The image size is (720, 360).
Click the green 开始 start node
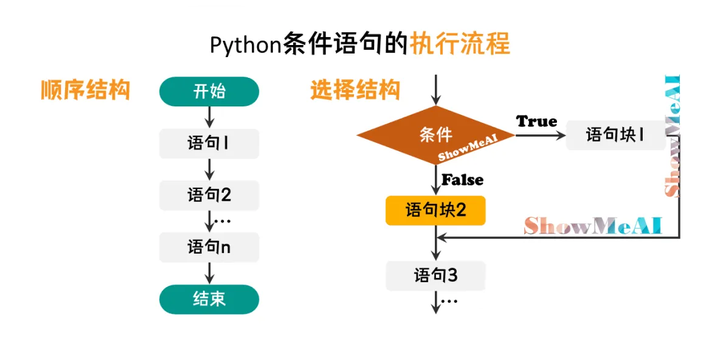click(x=209, y=92)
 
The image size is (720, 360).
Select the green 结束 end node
click(x=209, y=299)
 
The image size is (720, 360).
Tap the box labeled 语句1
click(x=209, y=143)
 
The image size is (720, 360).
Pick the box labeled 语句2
click(x=209, y=194)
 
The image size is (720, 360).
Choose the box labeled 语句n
click(x=209, y=247)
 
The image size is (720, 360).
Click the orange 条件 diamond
click(x=436, y=136)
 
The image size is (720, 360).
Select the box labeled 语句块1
click(x=615, y=134)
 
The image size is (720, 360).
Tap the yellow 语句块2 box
click(x=436, y=210)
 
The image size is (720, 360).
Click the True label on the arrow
click(x=536, y=121)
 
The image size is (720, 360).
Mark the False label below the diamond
click(x=462, y=180)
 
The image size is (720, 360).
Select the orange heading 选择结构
click(x=354, y=90)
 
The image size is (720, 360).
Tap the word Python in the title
click(x=246, y=45)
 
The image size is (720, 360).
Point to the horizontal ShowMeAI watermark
click(x=593, y=225)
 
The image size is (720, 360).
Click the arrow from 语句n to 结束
click(x=209, y=273)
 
